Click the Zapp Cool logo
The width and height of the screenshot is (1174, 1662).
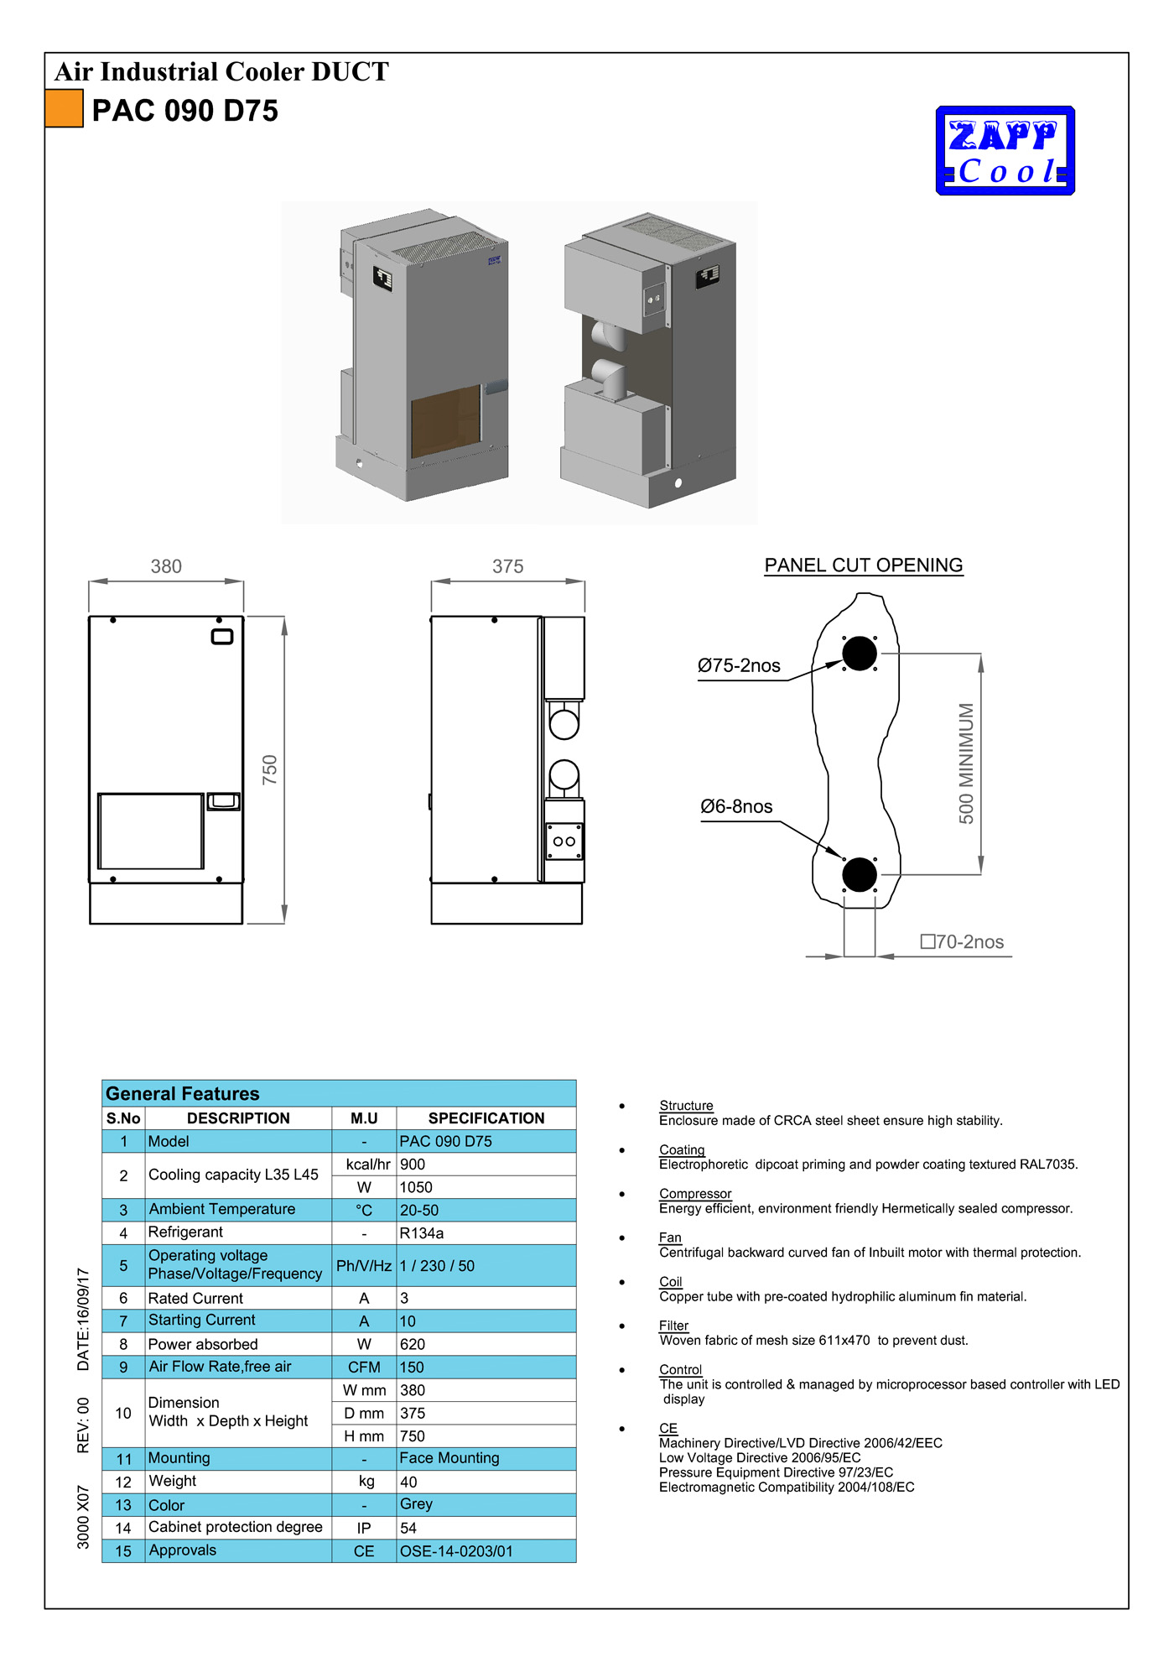[1005, 151]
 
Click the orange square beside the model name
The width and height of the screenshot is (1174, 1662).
[64, 109]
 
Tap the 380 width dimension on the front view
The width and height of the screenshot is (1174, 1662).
[166, 567]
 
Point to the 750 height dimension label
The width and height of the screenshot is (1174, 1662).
[269, 770]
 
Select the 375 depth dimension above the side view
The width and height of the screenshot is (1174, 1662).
[507, 567]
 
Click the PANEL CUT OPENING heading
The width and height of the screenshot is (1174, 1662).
[863, 565]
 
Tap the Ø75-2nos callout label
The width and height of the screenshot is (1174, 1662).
[739, 666]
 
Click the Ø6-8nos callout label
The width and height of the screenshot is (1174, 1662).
[736, 807]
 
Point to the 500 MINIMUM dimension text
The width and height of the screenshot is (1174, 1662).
[966, 763]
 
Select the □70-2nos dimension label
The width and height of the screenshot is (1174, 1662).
[962, 942]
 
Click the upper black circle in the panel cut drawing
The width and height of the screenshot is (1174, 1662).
[859, 654]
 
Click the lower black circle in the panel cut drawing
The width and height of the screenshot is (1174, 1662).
[859, 875]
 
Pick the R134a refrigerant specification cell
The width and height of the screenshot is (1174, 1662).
[422, 1233]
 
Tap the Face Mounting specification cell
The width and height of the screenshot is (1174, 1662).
[449, 1458]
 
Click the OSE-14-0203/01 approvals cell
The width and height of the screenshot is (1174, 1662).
[456, 1551]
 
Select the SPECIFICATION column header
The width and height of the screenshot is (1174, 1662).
[486, 1118]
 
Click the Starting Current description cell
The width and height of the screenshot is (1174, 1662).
[202, 1321]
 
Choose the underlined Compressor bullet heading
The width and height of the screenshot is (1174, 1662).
[695, 1194]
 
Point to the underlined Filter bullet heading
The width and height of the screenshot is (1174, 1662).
[673, 1326]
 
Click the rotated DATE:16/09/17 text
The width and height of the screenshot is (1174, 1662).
[83, 1319]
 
